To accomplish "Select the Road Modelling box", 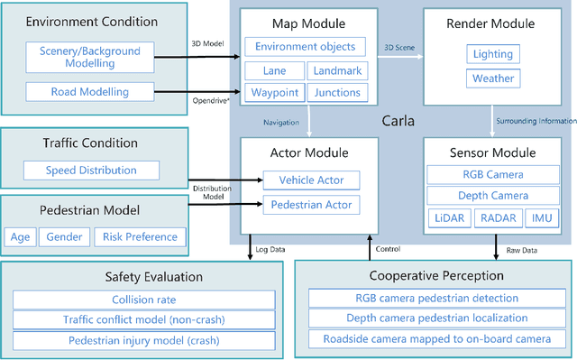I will coord(89,91).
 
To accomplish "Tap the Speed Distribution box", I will coord(91,170).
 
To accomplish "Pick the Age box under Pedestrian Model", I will coord(20,237).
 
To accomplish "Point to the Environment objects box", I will coord(305,47).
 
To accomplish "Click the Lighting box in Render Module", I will coord(492,55).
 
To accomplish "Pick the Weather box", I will coord(492,78).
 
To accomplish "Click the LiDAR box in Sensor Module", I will coord(448,217).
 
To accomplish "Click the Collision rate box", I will coord(144,300).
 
